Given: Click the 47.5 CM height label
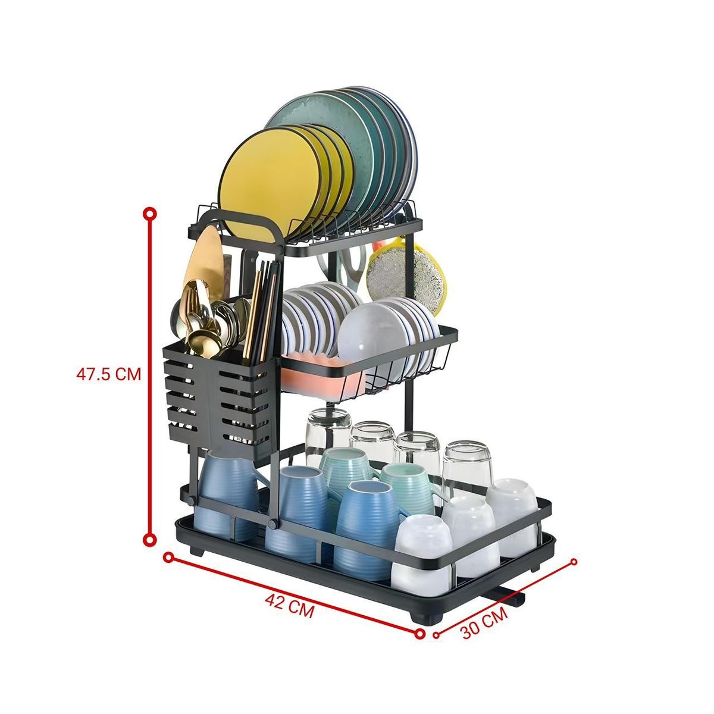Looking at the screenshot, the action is [x=108, y=374].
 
